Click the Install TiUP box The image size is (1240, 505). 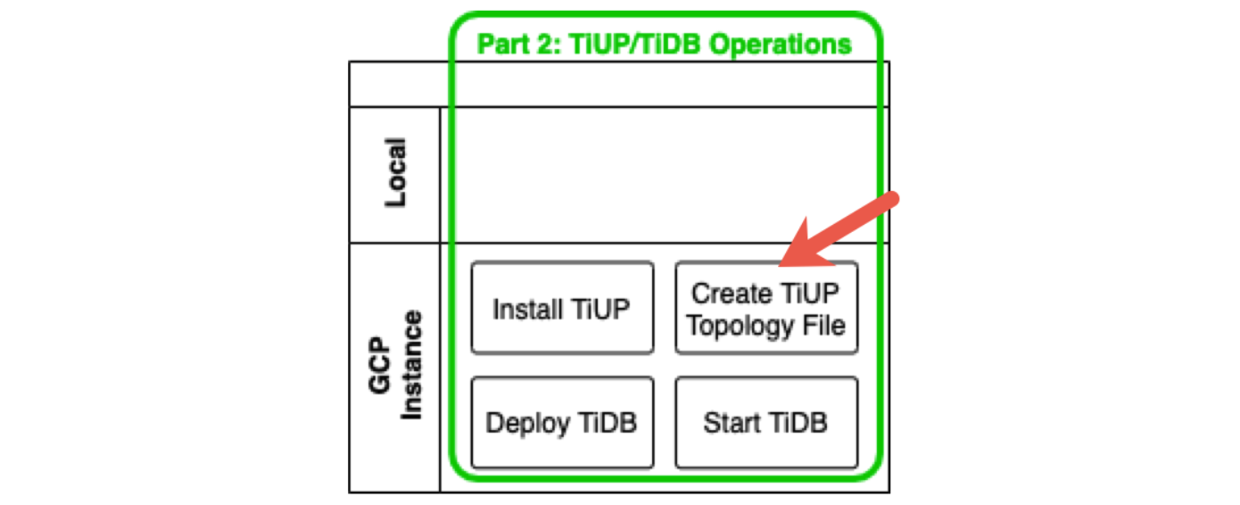(562, 308)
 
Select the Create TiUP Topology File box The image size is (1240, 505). (766, 308)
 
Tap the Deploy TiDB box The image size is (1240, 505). (562, 422)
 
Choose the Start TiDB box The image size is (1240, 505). (766, 422)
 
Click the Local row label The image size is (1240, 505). (394, 172)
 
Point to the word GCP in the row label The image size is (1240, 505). (381, 366)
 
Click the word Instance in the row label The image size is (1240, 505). (409, 366)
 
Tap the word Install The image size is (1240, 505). (528, 309)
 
